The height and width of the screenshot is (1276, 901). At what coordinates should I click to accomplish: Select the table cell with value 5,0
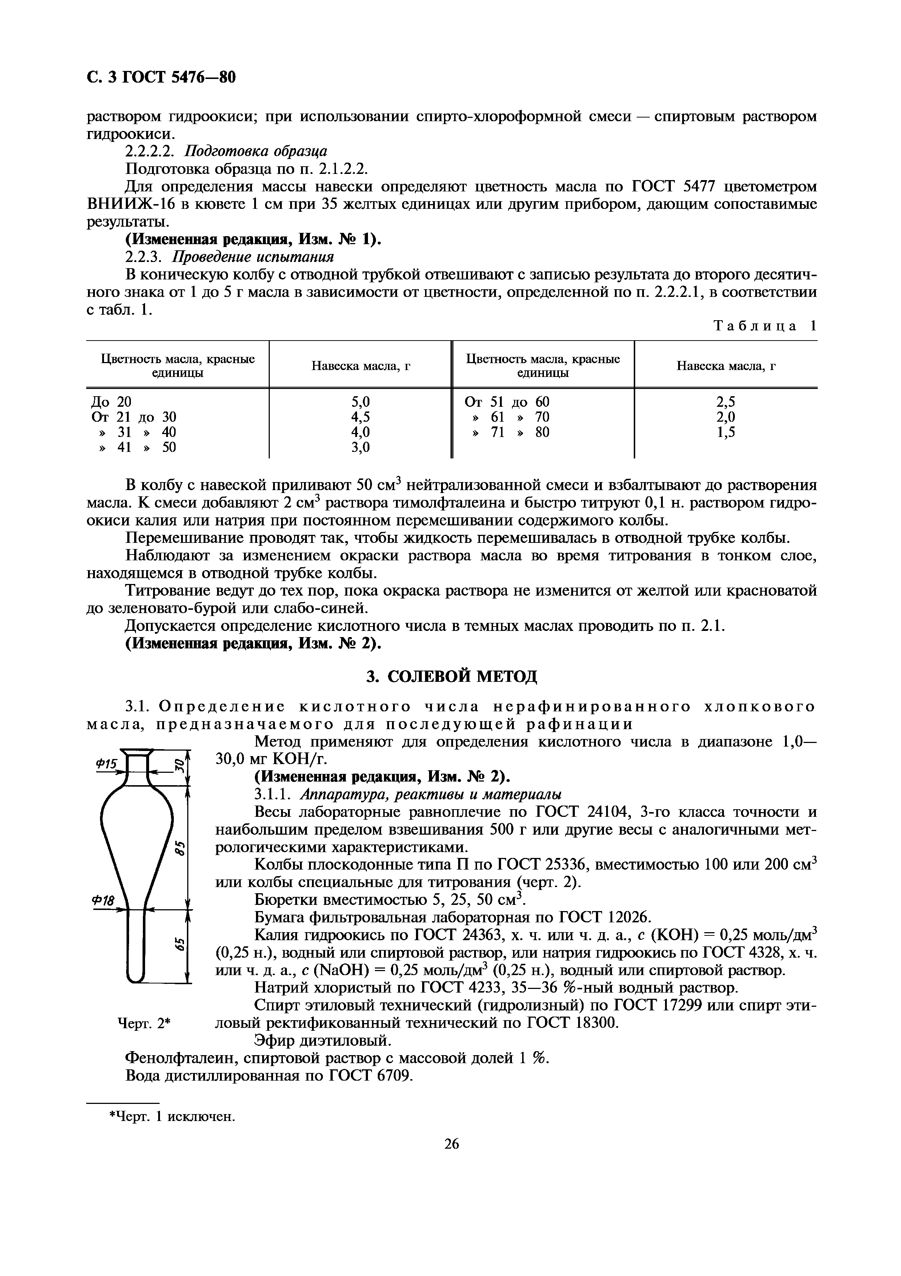coord(361,401)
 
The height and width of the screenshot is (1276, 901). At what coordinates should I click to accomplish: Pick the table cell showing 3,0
coord(361,447)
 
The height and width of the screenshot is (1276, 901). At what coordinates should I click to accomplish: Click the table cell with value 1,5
coord(725,432)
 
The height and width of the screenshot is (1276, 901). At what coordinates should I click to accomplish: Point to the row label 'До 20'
coord(111,401)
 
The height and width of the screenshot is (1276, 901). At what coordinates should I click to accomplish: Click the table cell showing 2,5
coord(725,401)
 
